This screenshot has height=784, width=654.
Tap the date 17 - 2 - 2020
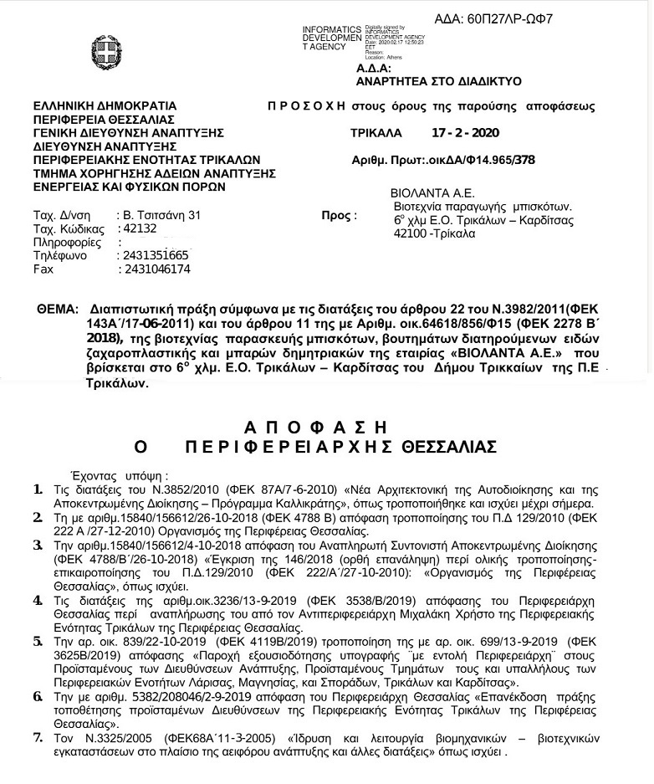(x=465, y=133)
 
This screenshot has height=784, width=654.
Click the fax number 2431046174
(x=156, y=269)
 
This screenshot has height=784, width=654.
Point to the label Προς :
(x=339, y=216)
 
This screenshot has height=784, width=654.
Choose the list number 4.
(x=37, y=601)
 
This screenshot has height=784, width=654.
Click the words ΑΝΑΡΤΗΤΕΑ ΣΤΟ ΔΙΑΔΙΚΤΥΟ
(x=438, y=81)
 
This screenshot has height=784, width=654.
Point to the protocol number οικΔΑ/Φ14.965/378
(x=482, y=159)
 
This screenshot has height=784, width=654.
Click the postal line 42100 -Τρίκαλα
(x=433, y=233)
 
